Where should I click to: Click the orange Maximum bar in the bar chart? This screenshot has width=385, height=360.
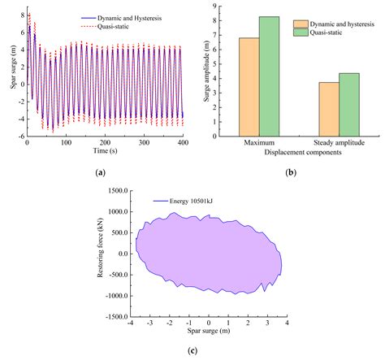249,87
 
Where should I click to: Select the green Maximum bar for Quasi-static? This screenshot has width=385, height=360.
269,76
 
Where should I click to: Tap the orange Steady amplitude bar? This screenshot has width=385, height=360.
329,109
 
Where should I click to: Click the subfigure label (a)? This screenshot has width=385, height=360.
100,172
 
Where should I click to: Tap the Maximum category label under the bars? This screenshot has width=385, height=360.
258,143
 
